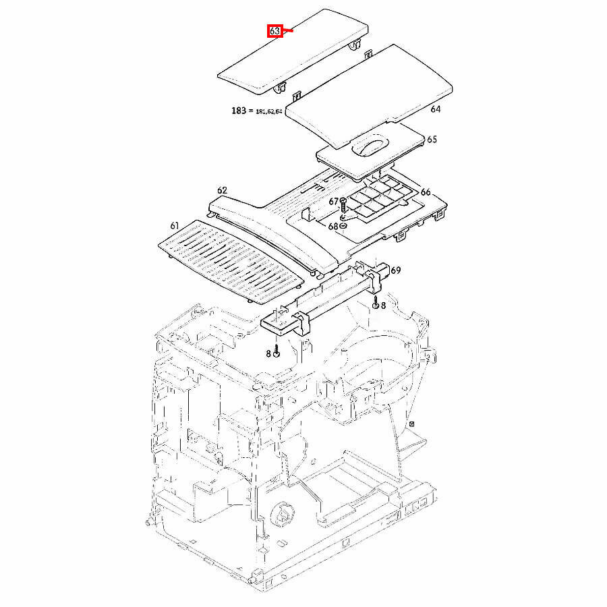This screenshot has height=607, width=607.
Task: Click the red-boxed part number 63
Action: [x=274, y=31]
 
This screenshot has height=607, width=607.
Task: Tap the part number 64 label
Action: [x=435, y=109]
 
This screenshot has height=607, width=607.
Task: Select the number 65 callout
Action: [x=432, y=140]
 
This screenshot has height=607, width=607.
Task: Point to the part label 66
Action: [x=425, y=192]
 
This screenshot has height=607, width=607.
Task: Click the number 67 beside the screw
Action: [x=334, y=201]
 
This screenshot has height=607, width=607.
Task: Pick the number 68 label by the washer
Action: [x=333, y=227]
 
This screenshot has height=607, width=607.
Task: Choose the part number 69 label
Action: [x=395, y=270]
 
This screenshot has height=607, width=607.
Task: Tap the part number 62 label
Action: [x=222, y=191]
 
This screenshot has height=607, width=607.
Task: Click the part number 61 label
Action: [x=175, y=225]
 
